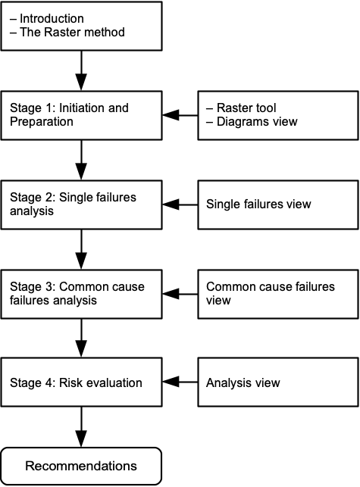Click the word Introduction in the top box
click(52, 19)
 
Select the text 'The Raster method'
click(72, 32)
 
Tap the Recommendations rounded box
click(81, 466)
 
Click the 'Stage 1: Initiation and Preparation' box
click(81, 115)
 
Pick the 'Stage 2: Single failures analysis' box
click(81, 204)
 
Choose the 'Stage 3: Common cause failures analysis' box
click(81, 294)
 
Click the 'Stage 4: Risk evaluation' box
click(81, 382)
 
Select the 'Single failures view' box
click(278, 204)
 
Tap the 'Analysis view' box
click(278, 382)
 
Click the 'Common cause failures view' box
click(278, 294)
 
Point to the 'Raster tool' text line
click(246, 108)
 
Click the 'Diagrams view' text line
click(257, 121)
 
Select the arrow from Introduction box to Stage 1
click(81, 70)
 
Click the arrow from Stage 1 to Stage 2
click(81, 160)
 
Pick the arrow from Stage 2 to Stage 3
click(81, 249)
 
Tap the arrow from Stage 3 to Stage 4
click(81, 339)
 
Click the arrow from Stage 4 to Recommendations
click(81, 427)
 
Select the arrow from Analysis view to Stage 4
click(180, 382)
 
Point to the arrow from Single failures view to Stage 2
click(180, 204)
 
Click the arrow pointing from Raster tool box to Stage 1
click(180, 115)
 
